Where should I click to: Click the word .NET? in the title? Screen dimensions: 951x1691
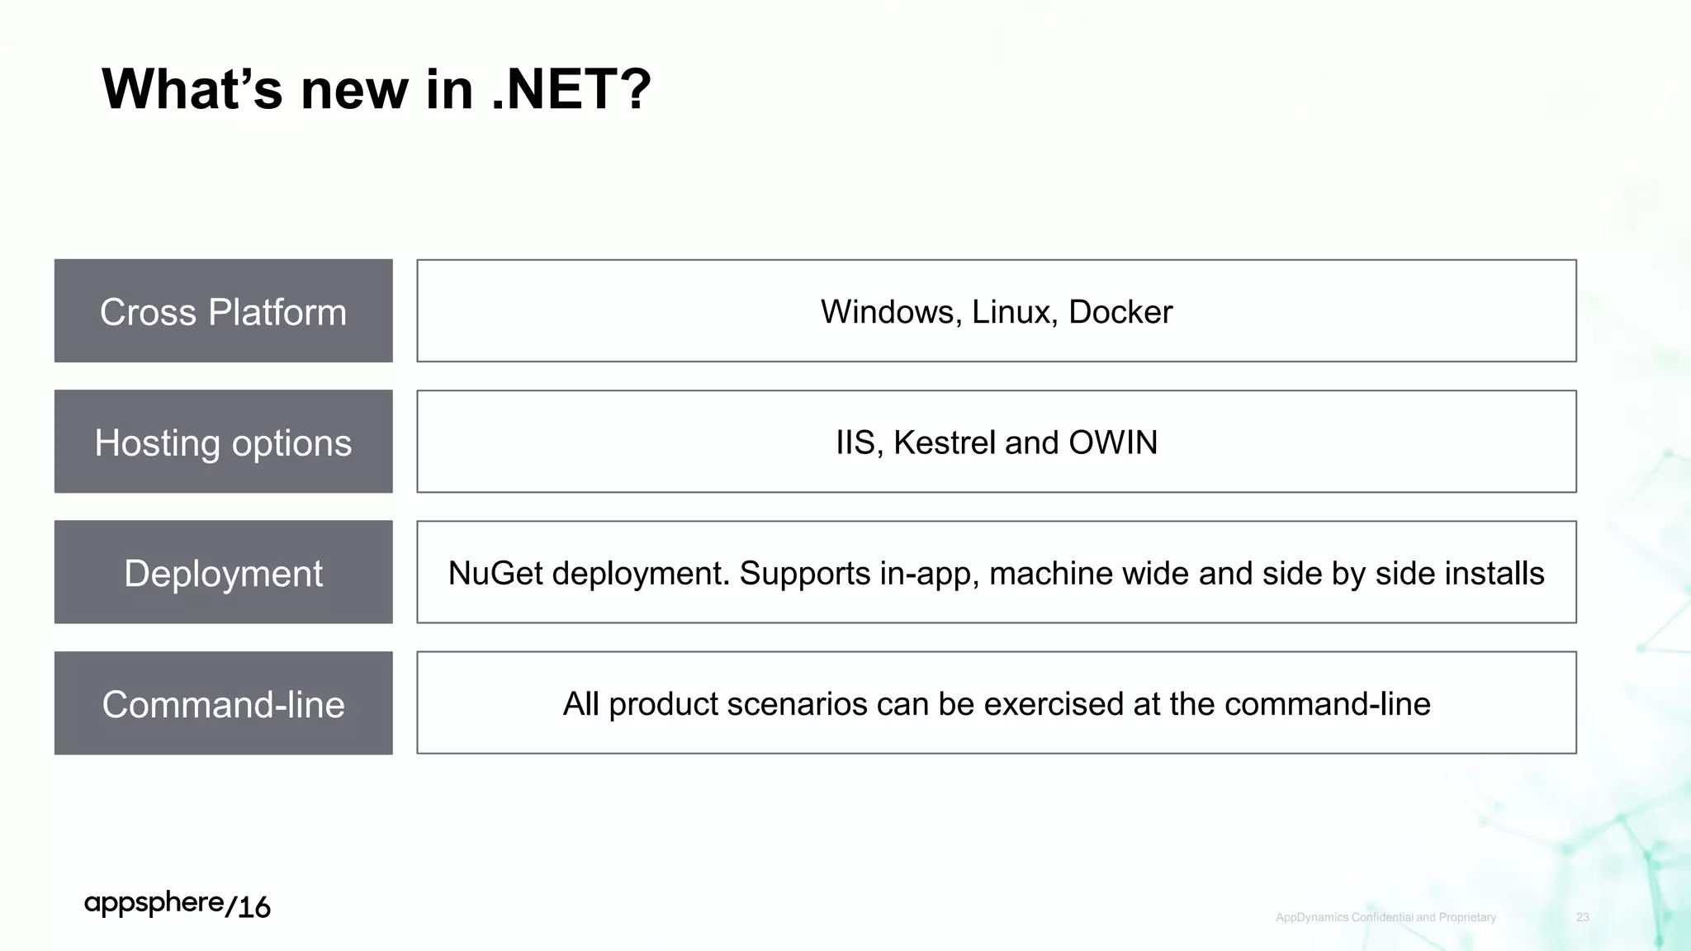click(571, 89)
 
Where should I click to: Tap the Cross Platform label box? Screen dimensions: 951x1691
click(223, 311)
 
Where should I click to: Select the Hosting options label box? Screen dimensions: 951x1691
click(223, 442)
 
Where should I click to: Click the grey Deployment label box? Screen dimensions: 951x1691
click(223, 572)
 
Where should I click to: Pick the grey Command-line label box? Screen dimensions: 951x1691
click(223, 703)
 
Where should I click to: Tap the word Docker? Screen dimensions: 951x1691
click(1120, 312)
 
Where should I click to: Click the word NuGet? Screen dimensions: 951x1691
click(495, 574)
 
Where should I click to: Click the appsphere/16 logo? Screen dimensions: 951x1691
click(178, 905)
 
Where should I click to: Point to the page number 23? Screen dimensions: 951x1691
click(1582, 917)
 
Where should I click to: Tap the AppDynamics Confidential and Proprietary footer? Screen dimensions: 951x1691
click(1385, 917)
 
